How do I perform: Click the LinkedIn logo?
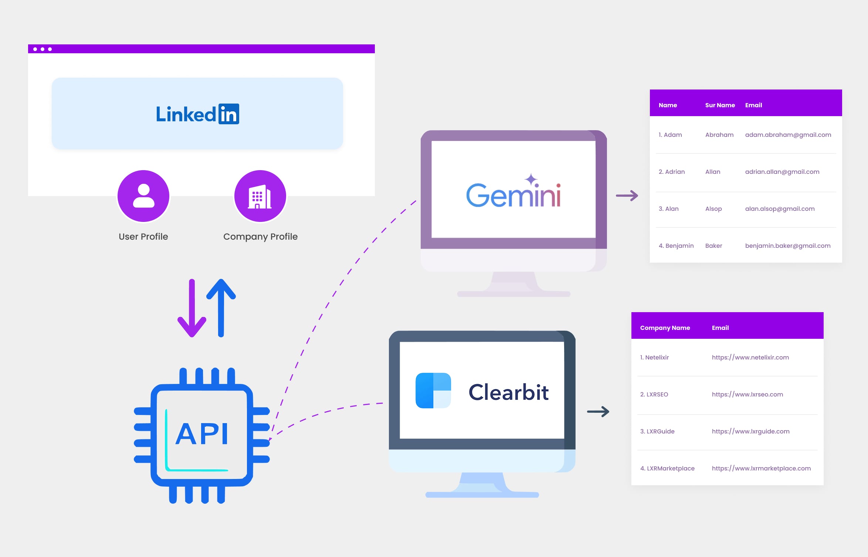coord(197,114)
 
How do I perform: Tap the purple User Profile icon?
coord(143,196)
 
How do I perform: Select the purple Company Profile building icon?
coord(260,196)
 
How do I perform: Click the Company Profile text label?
coord(260,237)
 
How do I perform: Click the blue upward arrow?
coord(221,307)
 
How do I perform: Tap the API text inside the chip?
coord(202,433)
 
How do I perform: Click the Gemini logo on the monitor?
coord(513,192)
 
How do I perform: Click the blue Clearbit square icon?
coord(433,391)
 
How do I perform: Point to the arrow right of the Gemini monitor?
coord(627,195)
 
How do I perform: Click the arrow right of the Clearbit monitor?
coord(598,411)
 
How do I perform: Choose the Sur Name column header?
coord(720,105)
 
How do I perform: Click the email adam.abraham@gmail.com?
coord(788,135)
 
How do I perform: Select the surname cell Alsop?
coord(713,209)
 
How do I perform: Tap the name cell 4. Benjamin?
coord(676,246)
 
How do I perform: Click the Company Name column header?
coord(665,328)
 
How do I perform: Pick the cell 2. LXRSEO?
coord(654,394)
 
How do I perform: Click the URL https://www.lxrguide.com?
coord(750,431)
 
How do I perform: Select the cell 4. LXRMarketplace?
coord(667,468)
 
